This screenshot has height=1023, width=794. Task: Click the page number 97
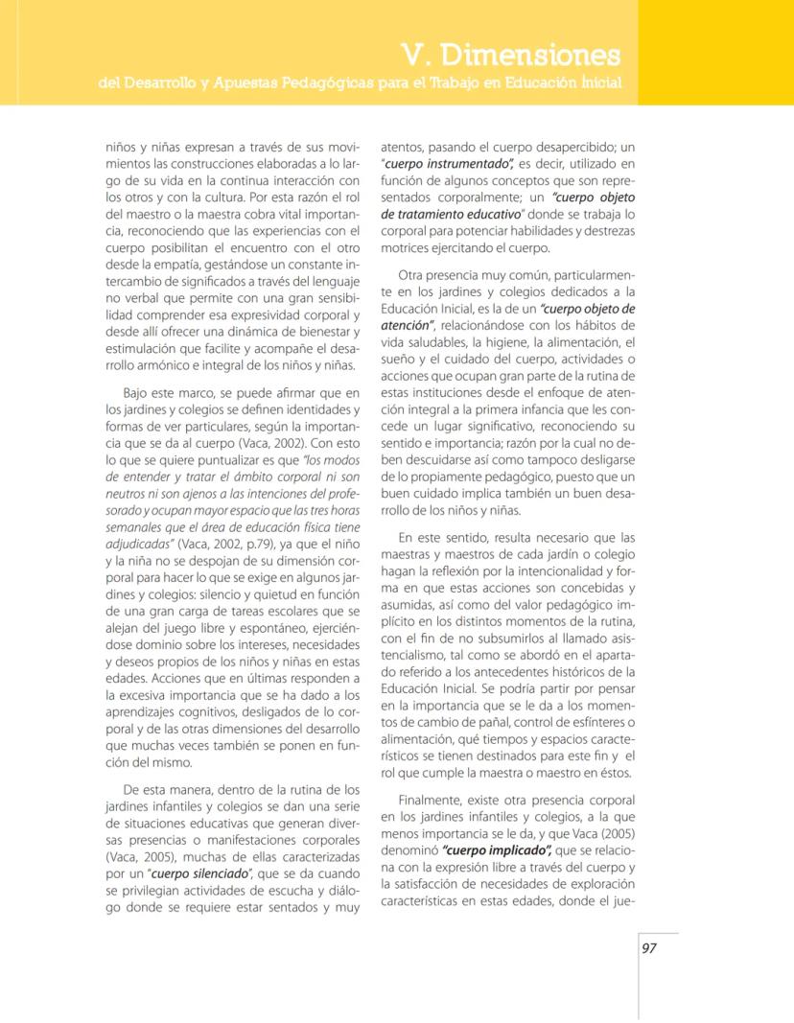[649, 947]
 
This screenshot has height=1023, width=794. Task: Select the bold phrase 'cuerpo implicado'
[492, 849]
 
